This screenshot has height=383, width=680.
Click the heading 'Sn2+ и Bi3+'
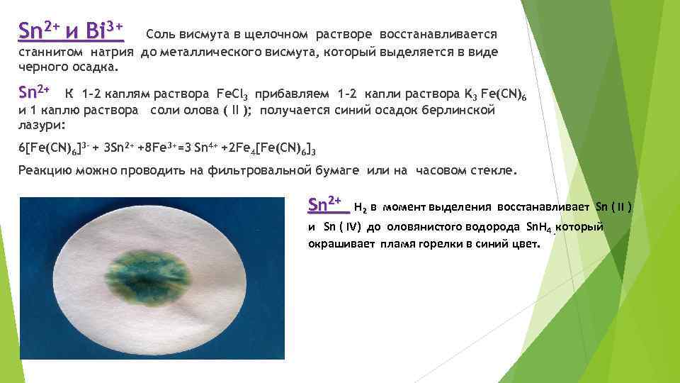click(71, 32)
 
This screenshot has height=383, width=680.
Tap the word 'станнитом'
click(47, 52)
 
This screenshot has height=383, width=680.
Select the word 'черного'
click(41, 67)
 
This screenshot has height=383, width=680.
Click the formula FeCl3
click(232, 94)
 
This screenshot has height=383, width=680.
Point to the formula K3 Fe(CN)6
click(504, 94)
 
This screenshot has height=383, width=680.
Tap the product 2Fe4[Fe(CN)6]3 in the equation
click(269, 149)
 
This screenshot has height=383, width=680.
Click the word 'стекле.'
click(496, 170)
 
